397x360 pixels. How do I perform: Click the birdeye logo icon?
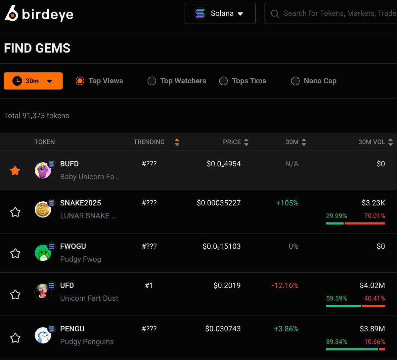11,14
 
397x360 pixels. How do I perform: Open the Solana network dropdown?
220,14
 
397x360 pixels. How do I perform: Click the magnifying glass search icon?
275,14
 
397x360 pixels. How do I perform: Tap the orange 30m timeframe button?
33,81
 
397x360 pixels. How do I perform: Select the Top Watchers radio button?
152,81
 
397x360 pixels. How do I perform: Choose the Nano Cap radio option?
295,81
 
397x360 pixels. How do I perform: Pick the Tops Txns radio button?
224,81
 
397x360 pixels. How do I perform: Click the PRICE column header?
232,142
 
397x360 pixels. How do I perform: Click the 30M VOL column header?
372,142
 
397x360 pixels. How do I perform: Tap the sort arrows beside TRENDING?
177,142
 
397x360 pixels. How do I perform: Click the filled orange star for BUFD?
15,171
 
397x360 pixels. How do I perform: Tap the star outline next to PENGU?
15,338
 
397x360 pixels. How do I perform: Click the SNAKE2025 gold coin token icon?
43,210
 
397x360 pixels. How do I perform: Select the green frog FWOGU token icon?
43,253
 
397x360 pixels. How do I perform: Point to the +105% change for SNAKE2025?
287,203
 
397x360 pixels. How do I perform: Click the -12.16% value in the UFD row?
285,285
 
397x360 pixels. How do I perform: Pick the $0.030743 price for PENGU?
223,329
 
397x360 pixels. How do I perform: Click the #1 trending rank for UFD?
149,285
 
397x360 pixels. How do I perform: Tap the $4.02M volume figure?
372,285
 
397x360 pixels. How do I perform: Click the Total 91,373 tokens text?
36,116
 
